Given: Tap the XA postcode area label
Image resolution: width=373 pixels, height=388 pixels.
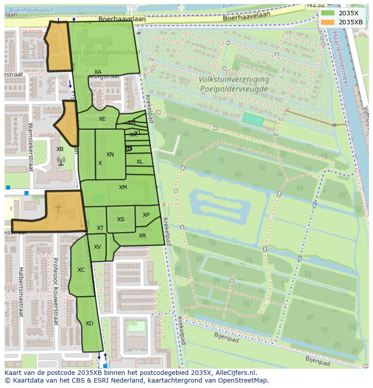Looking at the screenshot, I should click(98, 72).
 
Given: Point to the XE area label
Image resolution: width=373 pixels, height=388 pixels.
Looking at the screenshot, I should click(102, 119).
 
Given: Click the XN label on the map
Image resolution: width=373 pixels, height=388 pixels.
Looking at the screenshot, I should click(110, 155).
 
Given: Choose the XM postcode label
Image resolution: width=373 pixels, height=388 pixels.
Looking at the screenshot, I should click(123, 187).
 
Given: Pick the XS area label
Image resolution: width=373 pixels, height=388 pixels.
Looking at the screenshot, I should click(121, 219).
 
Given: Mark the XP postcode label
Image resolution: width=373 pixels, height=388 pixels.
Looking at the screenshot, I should click(146, 215).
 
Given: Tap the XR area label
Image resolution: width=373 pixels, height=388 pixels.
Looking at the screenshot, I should click(142, 236).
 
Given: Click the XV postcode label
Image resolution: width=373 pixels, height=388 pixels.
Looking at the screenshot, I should click(97, 247).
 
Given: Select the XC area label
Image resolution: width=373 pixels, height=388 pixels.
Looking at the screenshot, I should click(81, 270).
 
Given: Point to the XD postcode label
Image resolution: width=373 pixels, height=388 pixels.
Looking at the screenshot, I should click(89, 324).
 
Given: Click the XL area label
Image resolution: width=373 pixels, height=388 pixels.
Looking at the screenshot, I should click(140, 162).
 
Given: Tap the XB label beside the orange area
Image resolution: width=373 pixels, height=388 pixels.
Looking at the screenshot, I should click(60, 149).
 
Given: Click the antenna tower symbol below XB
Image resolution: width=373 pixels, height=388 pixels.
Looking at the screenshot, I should click(61, 160).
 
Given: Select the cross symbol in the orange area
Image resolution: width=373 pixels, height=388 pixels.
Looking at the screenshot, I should click(59, 208).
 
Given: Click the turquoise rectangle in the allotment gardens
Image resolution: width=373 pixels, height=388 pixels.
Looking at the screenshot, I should click(253, 119).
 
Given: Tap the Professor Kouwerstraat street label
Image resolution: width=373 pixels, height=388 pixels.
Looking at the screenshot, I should click(56, 291).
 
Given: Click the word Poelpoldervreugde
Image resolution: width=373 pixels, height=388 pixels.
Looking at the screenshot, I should click(234, 89).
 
